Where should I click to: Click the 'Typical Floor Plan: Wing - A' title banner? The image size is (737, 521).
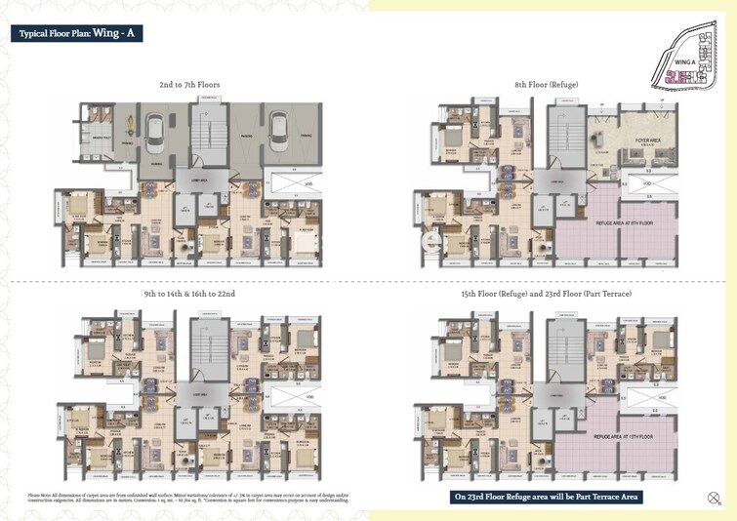(79, 33)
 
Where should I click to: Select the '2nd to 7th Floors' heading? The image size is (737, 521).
(189, 85)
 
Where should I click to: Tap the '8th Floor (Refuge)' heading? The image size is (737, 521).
(547, 85)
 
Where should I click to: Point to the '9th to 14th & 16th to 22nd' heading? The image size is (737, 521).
(189, 293)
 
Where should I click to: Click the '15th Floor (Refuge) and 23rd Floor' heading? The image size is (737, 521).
(547, 293)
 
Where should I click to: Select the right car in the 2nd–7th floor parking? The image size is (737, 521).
(278, 128)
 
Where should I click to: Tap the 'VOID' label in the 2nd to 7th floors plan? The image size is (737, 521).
(307, 183)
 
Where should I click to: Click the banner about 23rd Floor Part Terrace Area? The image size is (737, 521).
(546, 497)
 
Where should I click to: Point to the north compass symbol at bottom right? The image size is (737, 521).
(713, 501)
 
